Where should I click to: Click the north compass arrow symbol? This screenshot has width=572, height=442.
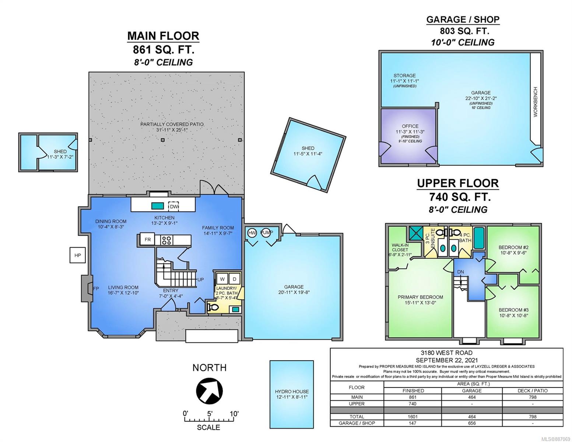click(209, 391)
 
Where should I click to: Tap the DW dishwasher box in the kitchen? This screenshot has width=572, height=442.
click(174, 206)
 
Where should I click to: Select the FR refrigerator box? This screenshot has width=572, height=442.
click(148, 239)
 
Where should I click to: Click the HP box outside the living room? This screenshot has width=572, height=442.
click(78, 255)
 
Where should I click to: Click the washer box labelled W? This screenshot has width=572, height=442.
click(222, 279)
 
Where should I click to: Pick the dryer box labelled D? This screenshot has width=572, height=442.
click(234, 279)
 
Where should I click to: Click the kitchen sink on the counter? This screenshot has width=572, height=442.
click(157, 206)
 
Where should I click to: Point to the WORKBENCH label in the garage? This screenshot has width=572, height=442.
click(536, 102)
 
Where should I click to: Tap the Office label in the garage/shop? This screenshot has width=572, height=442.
click(410, 126)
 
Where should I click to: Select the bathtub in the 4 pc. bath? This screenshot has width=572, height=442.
click(480, 238)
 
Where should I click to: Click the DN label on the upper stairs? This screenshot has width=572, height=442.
click(460, 272)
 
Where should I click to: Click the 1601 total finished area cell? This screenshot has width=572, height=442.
click(413, 417)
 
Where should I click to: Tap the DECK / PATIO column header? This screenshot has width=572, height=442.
click(533, 391)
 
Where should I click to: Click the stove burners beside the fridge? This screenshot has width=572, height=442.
click(166, 240)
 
